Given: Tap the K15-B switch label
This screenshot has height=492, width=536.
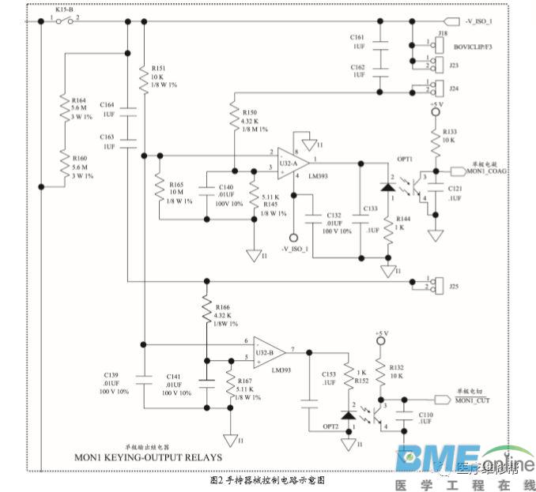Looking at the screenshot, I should point(64,9).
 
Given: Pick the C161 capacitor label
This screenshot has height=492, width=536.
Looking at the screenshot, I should point(357,36).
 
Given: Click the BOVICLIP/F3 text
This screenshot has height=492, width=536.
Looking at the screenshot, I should point(473,49).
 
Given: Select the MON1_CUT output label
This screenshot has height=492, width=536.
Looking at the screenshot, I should point(473,401).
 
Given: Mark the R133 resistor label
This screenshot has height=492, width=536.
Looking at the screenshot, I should point(450,131).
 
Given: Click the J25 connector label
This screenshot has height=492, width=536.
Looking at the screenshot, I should point(454,287).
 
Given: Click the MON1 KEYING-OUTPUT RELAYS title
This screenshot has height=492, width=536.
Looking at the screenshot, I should point(148,457).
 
